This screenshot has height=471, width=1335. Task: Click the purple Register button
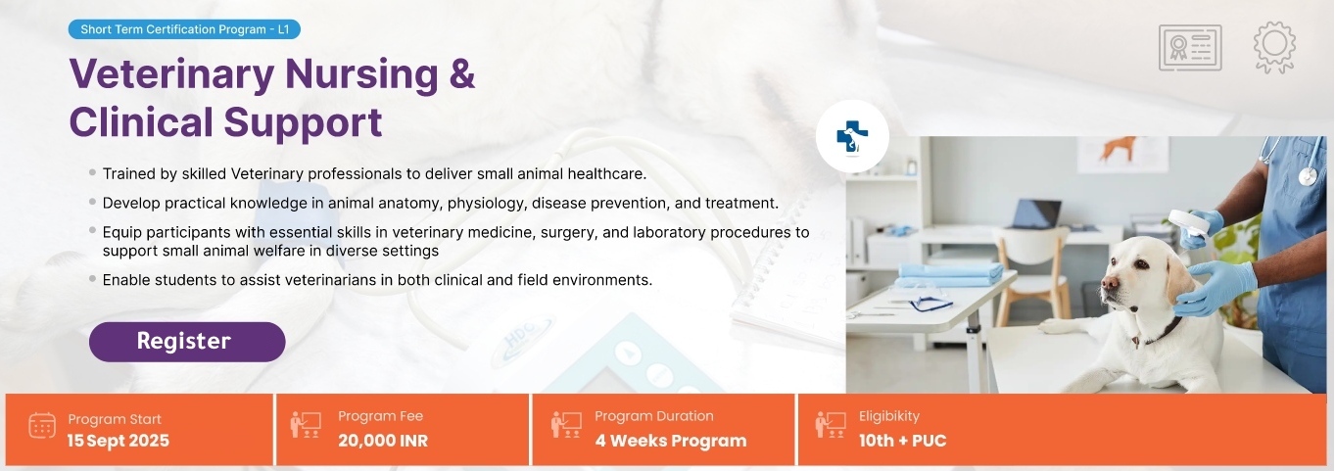pos(187,342)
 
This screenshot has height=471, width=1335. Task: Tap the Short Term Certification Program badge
pos(184,29)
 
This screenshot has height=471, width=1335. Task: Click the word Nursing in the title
pos(361,75)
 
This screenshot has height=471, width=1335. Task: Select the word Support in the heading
pos(303,123)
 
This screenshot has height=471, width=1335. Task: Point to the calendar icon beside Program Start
pos(42,425)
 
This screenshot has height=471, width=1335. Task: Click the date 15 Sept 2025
pos(118,441)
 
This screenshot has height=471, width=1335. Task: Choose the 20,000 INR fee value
pos(383,441)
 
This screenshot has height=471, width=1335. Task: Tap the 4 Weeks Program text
pos(671,441)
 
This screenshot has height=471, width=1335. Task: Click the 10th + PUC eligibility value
pos(902,441)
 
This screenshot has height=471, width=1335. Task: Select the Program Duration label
pos(654,416)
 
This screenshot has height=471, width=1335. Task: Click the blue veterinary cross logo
pos(852,136)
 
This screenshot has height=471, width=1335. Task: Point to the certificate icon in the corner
pos(1190,48)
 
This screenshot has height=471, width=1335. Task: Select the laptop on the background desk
pos(1036,214)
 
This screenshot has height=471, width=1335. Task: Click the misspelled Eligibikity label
pos(889,416)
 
